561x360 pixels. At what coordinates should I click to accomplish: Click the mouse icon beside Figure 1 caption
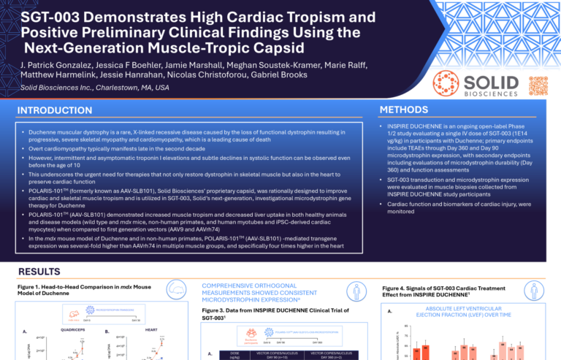(x=178, y=289)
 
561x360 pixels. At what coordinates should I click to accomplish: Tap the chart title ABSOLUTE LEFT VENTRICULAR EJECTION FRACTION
(x=473, y=311)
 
